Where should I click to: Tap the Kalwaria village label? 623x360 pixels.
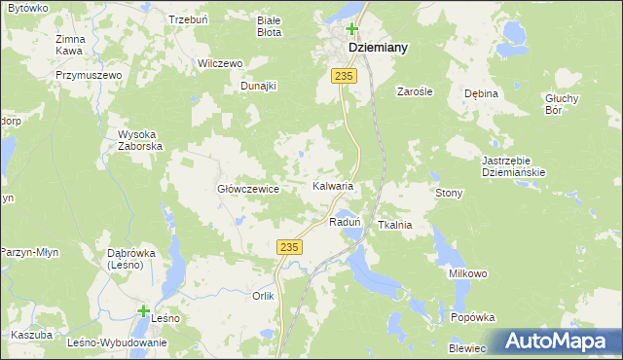pos(332,185)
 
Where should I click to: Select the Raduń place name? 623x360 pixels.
pos(346,222)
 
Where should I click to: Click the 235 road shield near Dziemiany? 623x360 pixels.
pos(342,75)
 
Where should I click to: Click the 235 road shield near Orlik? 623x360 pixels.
pos(286,248)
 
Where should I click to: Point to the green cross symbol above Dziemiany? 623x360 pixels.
pos(351,29)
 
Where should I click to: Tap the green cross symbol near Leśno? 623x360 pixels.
pos(144,311)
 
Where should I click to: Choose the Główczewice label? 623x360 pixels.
pos(248,190)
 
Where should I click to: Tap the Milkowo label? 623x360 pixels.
pos(467,274)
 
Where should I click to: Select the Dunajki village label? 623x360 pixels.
pos(259,86)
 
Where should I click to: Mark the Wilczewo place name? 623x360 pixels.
pos(220,63)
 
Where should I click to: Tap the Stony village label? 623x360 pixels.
pos(449,194)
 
